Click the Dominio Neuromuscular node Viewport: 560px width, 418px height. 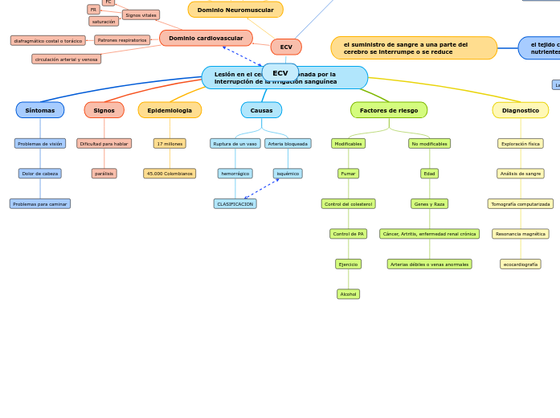[235, 10]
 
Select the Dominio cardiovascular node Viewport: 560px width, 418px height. [206, 38]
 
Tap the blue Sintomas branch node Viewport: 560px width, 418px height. [40, 110]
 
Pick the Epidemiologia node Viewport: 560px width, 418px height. [170, 110]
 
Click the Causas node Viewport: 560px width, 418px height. [261, 110]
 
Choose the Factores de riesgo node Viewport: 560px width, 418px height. [389, 110]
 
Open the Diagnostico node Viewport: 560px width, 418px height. [521, 110]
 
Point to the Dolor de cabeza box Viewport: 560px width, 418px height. [40, 174]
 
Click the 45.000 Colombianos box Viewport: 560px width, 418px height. [170, 174]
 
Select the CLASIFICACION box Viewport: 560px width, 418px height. [235, 204]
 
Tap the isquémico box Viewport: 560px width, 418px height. [288, 174]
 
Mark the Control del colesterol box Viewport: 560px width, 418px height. [348, 204]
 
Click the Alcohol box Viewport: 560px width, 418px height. [348, 294]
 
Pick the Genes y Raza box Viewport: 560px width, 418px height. [429, 204]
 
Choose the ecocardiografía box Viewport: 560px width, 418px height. [521, 264]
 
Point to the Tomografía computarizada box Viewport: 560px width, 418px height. [521, 204]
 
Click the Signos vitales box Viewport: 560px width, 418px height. [141, 14]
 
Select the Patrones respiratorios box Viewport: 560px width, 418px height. [122, 40]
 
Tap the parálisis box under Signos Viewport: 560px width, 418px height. [104, 174]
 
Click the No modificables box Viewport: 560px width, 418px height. [429, 144]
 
